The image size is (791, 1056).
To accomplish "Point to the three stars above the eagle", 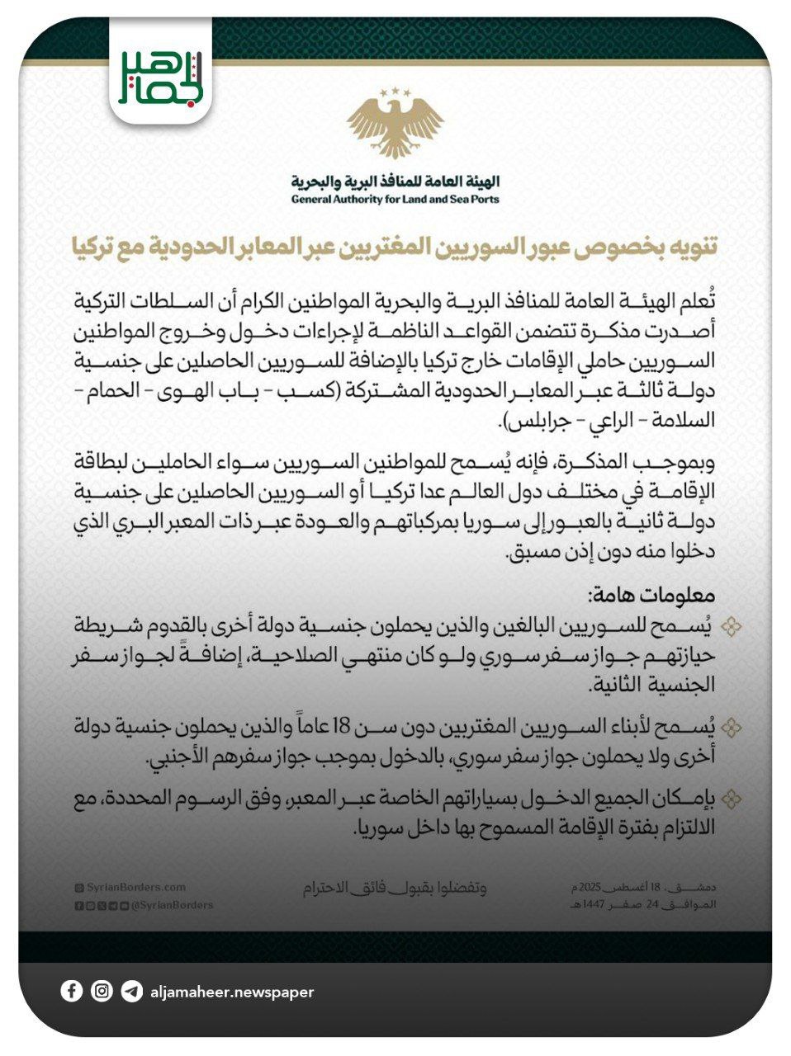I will point(395,92).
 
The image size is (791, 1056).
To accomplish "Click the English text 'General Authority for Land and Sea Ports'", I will point(395,199).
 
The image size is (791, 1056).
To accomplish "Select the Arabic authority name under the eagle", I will point(395,181).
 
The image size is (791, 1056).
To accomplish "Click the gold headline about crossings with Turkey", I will point(395,246).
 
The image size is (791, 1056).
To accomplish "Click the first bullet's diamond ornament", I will point(730,628).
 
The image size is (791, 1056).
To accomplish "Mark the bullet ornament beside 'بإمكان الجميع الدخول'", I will point(730,799).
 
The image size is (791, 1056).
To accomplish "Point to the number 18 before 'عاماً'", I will point(342,726).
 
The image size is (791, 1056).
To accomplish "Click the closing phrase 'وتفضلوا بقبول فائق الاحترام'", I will point(394,889).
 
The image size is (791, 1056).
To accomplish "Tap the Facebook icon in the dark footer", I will point(72,991).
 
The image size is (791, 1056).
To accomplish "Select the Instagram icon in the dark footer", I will point(102,991).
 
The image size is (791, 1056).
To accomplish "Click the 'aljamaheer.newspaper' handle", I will point(232,992).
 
